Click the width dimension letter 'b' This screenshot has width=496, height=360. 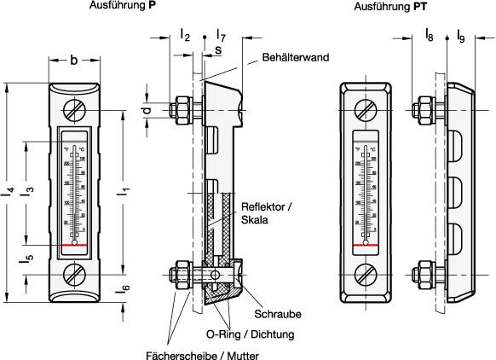74,60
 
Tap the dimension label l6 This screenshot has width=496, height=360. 125,290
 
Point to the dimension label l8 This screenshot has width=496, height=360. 429,35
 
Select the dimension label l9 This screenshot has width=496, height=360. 460,35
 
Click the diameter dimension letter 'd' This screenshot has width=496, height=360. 146,110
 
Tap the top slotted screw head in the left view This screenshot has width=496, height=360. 74,111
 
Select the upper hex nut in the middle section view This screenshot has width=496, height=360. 181,109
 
